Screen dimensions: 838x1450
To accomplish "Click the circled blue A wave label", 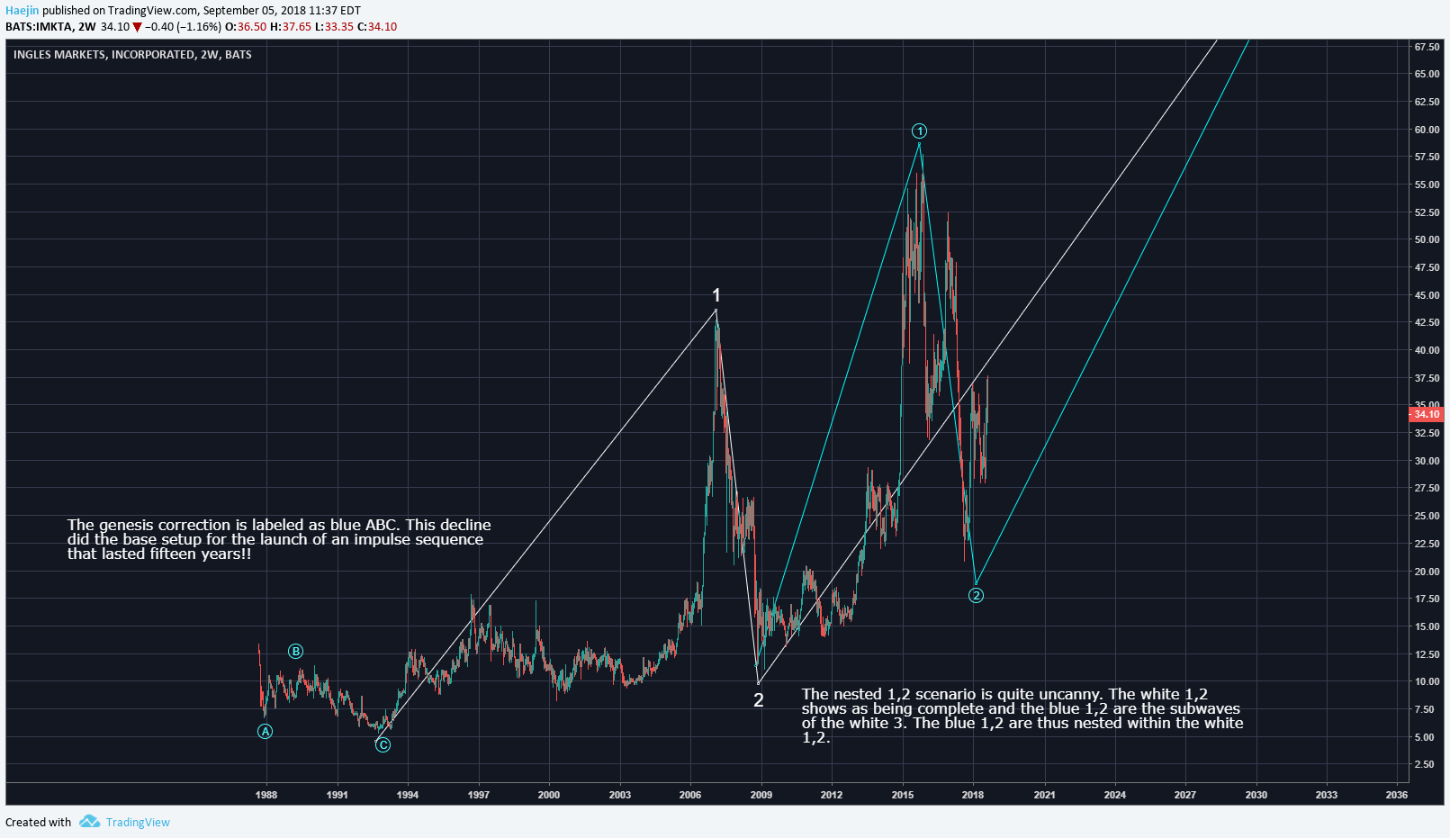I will (x=265, y=732).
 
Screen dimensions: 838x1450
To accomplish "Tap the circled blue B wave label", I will (x=295, y=652).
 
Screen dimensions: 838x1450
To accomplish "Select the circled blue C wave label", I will (x=383, y=744).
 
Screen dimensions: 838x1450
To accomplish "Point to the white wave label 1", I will (x=716, y=295).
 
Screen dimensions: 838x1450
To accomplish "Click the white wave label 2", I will (x=759, y=700).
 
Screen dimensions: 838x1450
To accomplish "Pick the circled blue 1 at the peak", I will (x=919, y=131).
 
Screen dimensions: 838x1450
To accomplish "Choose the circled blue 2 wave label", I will (x=976, y=595).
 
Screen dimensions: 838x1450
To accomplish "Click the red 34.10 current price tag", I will (x=1427, y=414).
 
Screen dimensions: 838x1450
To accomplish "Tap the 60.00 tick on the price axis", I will (x=1427, y=130).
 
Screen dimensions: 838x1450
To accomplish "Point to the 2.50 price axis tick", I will (x=1425, y=764).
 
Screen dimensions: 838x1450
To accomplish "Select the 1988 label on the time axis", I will (x=266, y=795).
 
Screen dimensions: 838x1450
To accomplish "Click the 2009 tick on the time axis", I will (x=761, y=795).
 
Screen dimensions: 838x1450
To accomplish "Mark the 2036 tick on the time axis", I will (x=1397, y=795).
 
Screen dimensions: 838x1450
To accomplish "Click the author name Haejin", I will (x=23, y=11).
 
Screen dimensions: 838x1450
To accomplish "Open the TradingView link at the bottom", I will (x=138, y=822).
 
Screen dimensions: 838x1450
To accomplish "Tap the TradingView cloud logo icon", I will (x=89, y=821).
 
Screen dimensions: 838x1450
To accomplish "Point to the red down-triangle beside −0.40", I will (x=137, y=27).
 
